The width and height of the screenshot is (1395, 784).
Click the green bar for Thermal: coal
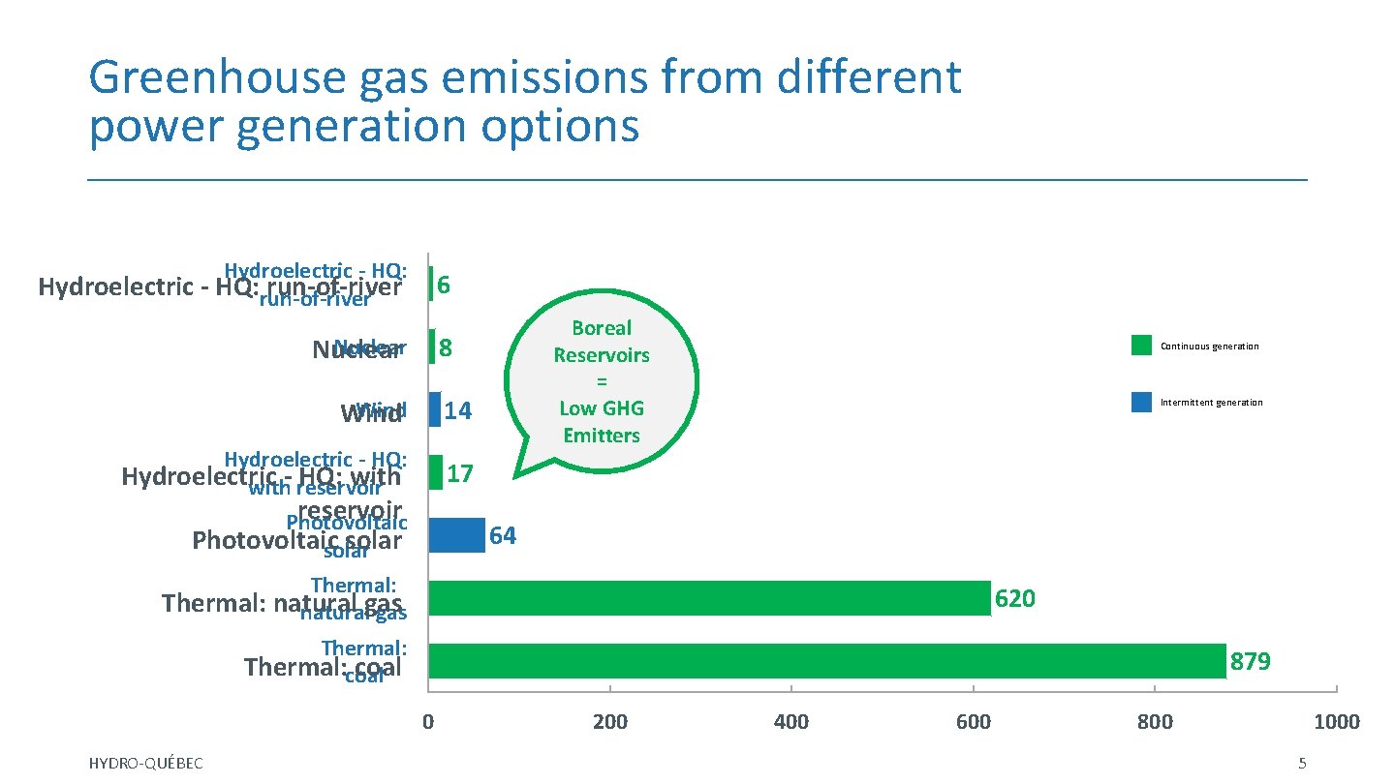coord(826,661)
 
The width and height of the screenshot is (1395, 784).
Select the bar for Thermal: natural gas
coord(709,598)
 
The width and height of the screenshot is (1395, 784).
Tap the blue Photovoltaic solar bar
coord(456,535)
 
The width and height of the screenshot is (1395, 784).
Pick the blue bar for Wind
coord(434,409)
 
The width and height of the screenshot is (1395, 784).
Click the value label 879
coord(1251,662)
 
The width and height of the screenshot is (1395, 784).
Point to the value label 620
coord(1015,599)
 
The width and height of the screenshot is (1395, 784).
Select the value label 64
coord(503,536)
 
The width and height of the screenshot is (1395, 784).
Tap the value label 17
coord(460,473)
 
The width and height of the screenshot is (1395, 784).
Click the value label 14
coord(457,411)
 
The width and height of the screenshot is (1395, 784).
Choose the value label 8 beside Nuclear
coord(446,347)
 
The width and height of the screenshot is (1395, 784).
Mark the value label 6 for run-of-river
coord(443,285)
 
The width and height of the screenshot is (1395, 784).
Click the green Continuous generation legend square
coord(1141,346)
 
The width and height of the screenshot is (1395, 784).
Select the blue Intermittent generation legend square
coord(1141,402)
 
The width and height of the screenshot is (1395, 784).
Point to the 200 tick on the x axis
coord(609,722)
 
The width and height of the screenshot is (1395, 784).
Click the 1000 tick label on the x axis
coord(1337,722)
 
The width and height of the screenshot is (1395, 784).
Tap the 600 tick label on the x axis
coord(973,722)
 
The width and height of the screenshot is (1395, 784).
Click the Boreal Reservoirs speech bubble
coord(602,381)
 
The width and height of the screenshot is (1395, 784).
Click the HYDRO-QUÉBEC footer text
coord(145,764)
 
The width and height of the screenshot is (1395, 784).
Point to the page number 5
coord(1302,764)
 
